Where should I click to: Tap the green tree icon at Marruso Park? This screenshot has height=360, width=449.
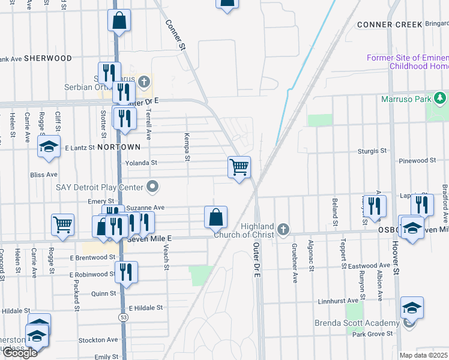point(440,97)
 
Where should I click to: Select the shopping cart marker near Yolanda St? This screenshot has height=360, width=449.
point(239,167)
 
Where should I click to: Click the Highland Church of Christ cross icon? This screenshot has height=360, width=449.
point(283,229)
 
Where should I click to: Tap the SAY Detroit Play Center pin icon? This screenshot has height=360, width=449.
point(153,187)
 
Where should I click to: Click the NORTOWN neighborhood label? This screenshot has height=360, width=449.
point(119,147)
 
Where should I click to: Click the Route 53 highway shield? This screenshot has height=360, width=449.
point(124,316)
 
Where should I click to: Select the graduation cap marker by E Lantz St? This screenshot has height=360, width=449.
point(49,147)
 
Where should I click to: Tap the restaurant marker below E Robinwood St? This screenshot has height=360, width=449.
point(126,272)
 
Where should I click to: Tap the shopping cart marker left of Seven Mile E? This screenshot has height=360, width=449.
point(62,225)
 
